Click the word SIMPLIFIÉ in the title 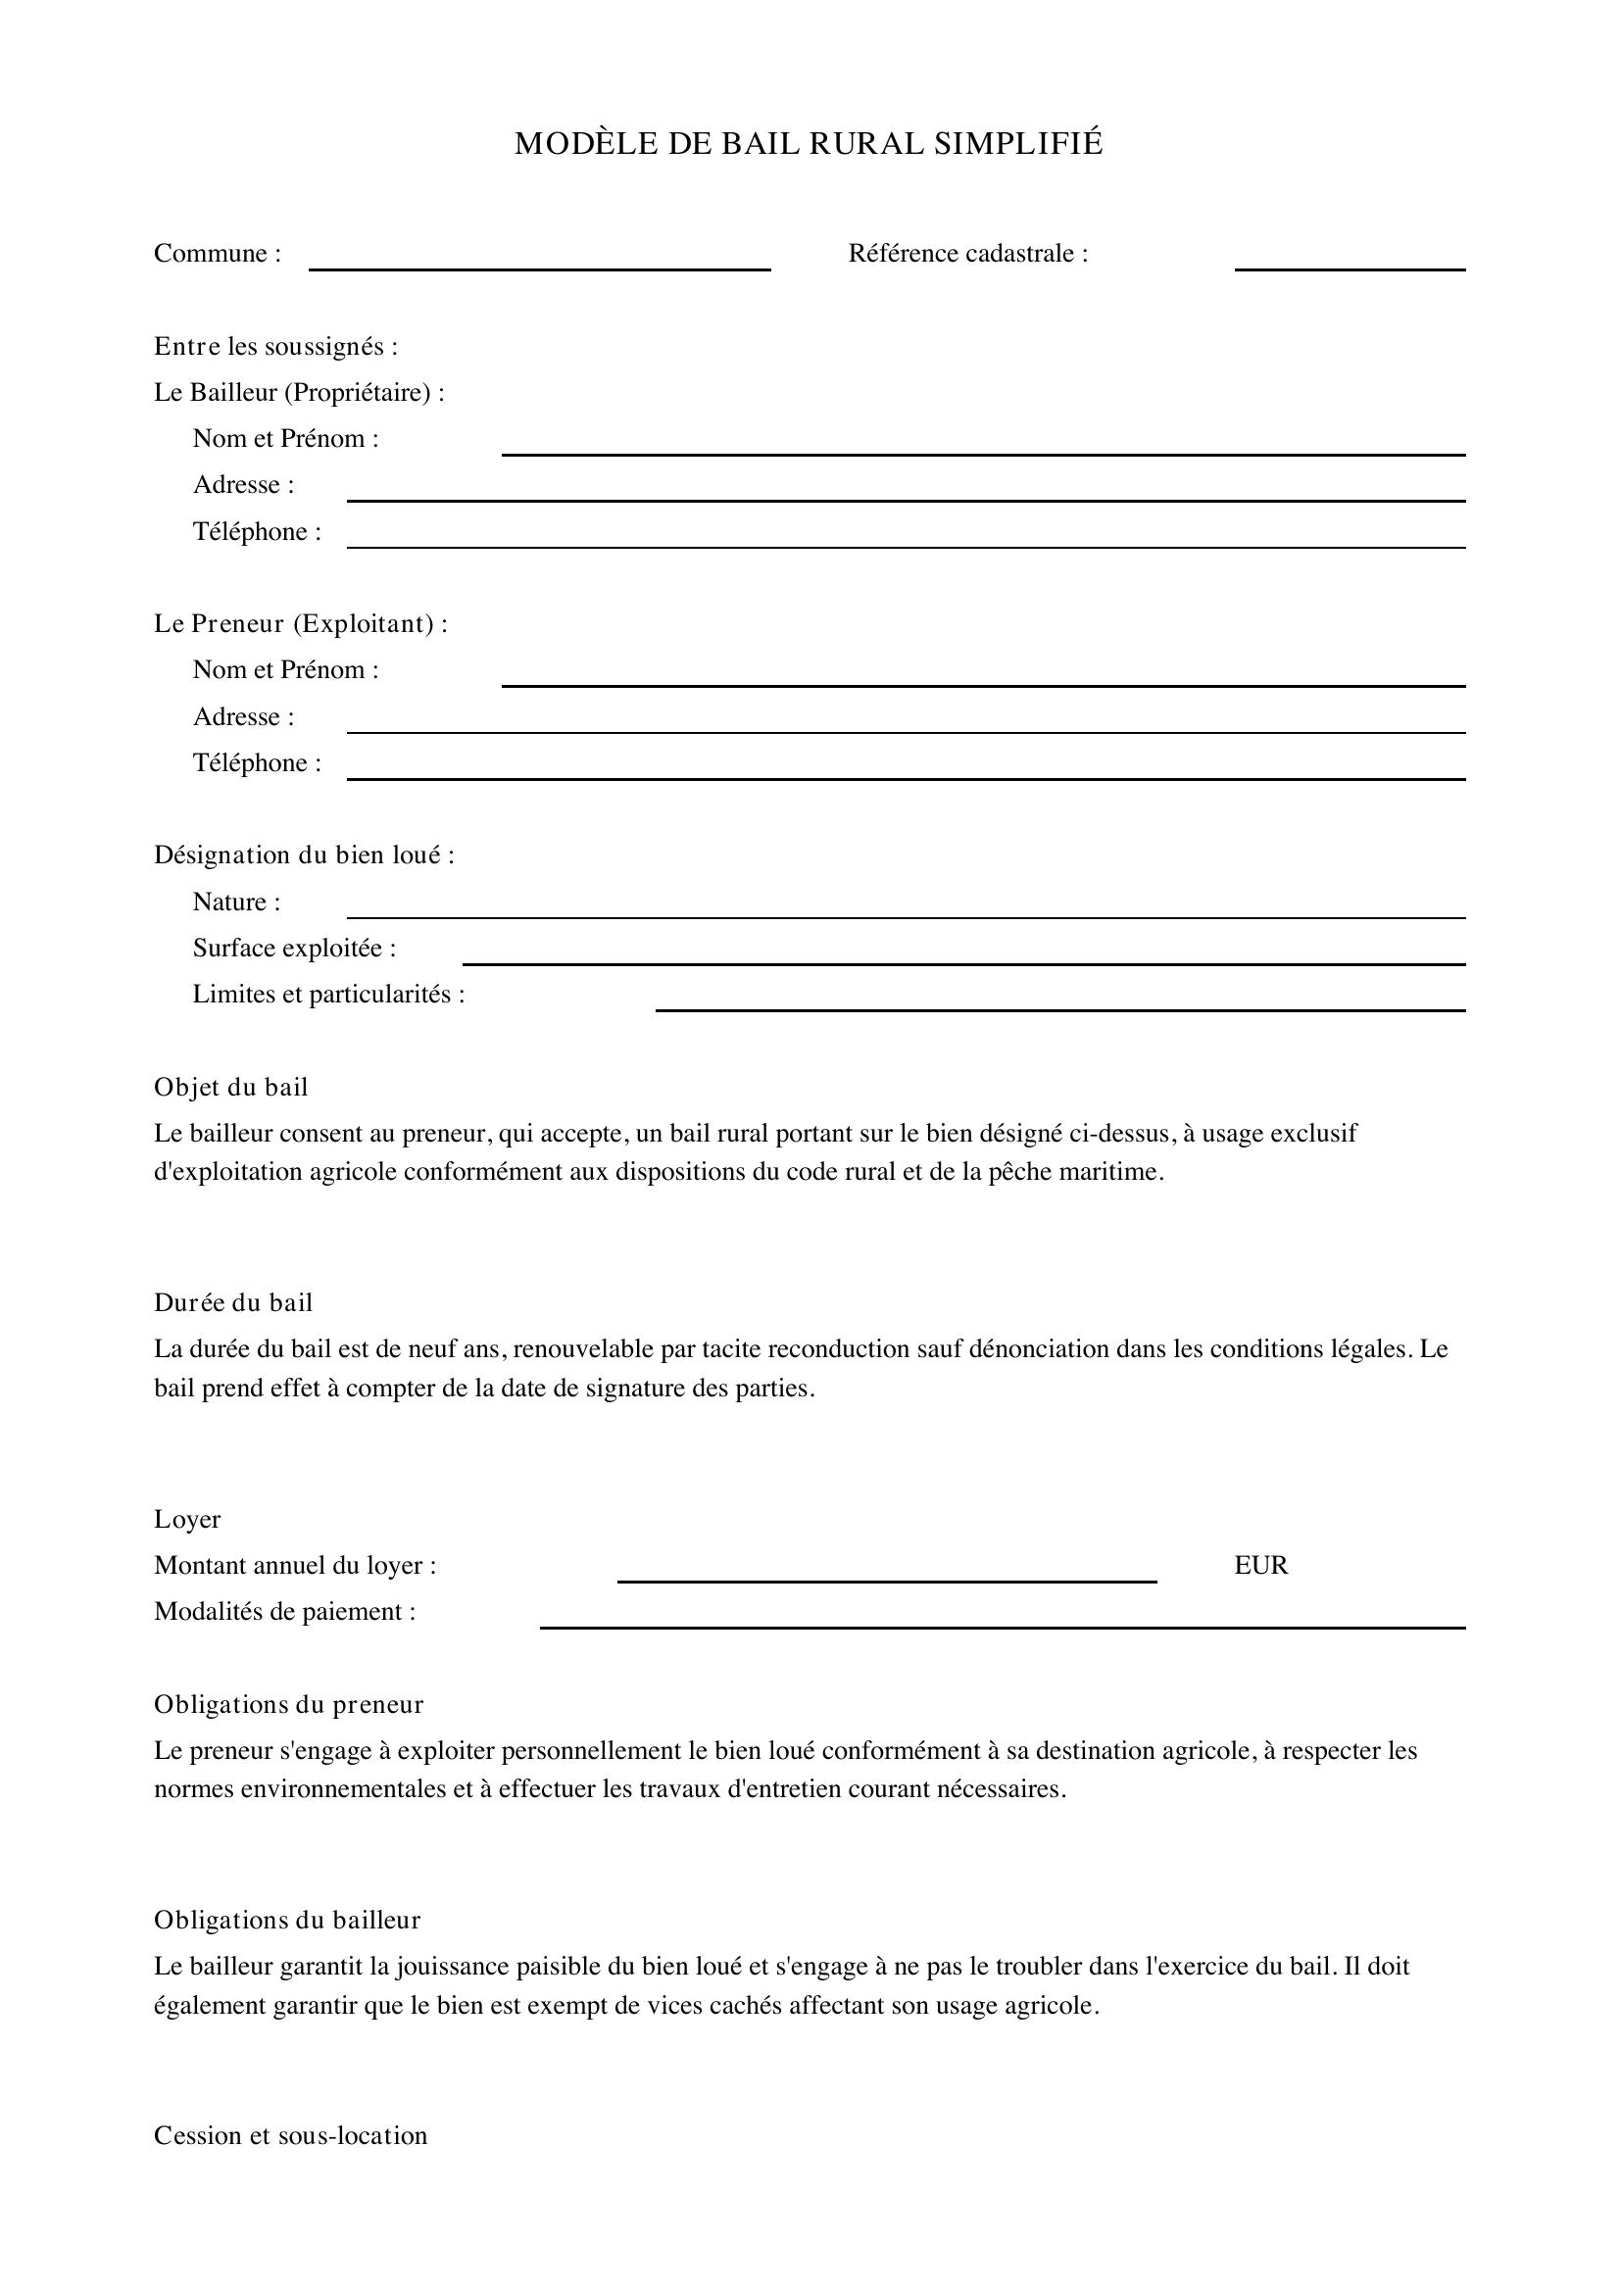(1018, 144)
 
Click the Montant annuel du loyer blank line (886, 1579)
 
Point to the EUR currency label (1260, 1565)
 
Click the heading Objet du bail (230, 1087)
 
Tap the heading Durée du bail (232, 1302)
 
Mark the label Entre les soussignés (275, 346)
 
